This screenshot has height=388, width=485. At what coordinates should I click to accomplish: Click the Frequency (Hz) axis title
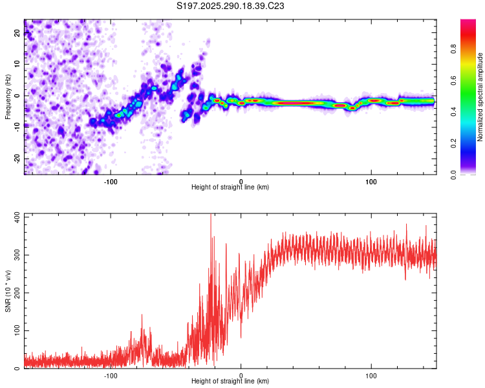coord(8,96)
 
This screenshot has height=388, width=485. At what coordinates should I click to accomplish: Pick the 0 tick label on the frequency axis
coord(17,95)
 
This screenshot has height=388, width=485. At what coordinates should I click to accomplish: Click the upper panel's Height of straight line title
coord(230,187)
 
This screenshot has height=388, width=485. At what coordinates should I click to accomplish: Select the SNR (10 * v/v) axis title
coord(8,291)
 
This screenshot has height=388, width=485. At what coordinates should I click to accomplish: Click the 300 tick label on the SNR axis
coord(17,255)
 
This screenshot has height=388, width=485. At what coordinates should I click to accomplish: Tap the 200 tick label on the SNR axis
coord(17,293)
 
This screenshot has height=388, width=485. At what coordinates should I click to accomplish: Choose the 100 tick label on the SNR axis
coord(17,330)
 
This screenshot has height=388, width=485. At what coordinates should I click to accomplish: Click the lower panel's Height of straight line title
coord(230,381)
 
